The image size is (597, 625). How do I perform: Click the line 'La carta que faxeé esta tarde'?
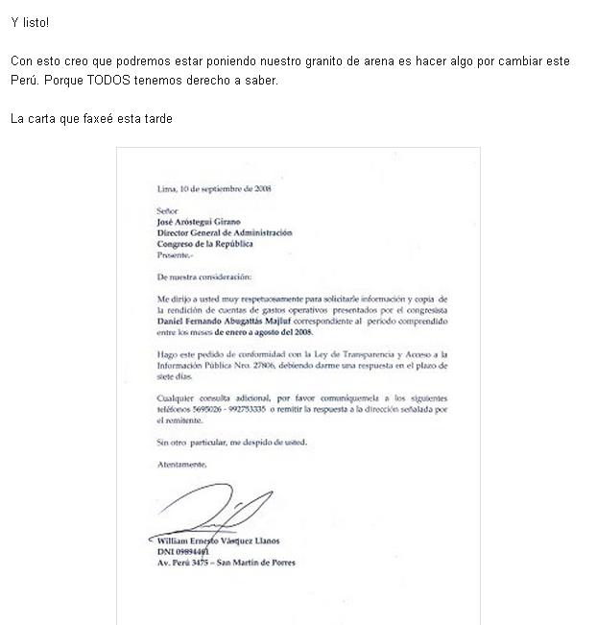tap(91, 118)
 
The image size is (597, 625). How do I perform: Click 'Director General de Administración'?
tap(225, 232)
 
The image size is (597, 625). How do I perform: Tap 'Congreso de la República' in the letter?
tap(204, 244)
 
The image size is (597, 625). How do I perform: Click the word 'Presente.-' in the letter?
tap(175, 255)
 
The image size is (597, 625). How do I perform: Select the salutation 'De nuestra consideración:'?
tap(203, 276)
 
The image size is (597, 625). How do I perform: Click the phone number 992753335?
tap(251, 407)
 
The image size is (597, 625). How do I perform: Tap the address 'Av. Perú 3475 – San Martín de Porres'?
tap(226, 564)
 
